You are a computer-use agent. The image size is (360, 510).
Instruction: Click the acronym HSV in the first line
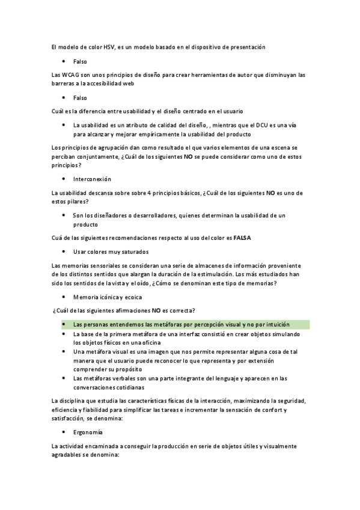[x=109, y=47]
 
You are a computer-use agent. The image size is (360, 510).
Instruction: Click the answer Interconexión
[x=92, y=179]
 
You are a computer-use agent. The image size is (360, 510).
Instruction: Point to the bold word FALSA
[x=242, y=238]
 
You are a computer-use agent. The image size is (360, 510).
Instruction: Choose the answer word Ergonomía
[x=88, y=432]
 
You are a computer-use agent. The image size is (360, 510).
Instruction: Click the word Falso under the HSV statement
[x=80, y=61]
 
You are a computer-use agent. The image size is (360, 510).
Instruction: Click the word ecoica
[x=135, y=297]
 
